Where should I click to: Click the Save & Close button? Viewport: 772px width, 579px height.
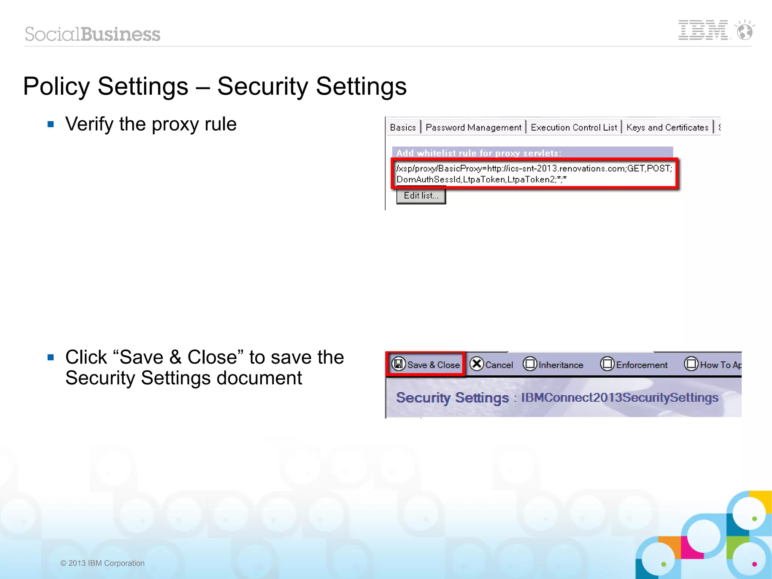426,364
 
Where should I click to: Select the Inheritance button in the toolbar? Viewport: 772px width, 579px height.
553,364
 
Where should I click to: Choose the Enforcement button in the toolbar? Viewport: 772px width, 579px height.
634,364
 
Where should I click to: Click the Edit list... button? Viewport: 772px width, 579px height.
421,196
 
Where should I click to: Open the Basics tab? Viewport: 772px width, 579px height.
403,127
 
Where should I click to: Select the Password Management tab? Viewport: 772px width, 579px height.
473,127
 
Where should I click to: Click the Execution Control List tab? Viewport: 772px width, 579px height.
573,127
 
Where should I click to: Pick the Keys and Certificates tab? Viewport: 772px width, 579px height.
667,127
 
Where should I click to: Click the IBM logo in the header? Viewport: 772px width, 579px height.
703,30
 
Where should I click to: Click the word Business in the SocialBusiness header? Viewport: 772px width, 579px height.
121,34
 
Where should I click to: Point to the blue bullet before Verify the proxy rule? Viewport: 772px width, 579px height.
51,124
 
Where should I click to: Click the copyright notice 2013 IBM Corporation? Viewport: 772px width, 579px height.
103,563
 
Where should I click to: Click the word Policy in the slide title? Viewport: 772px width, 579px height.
56,86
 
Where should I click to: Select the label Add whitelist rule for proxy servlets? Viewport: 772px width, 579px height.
478,153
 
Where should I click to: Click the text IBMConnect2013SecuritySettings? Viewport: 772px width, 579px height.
620,398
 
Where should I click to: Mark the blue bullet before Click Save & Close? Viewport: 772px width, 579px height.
51,357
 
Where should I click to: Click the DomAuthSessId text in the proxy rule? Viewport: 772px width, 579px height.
429,180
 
